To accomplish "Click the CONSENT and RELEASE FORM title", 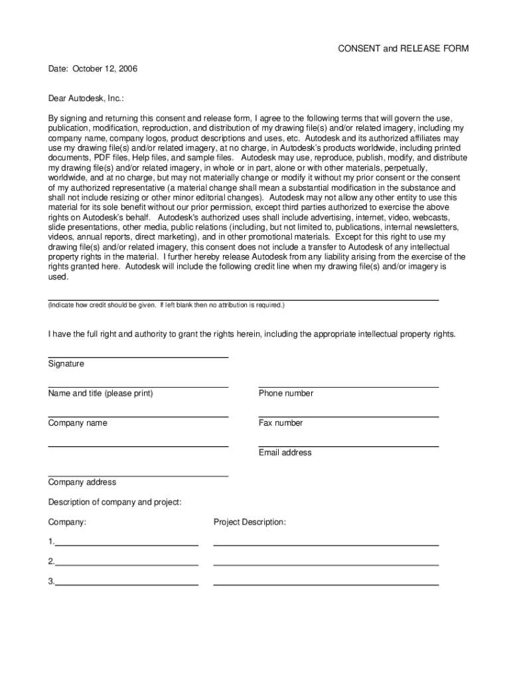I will pyautogui.click(x=403, y=49).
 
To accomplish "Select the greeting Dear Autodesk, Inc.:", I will pyautogui.click(x=86, y=98).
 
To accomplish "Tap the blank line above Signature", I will pyautogui.click(x=138, y=358).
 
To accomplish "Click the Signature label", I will pyautogui.click(x=66, y=364).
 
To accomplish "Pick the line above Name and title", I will pyautogui.click(x=138, y=387).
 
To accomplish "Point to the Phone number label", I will pyautogui.click(x=286, y=393).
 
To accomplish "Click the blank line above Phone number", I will pyautogui.click(x=348, y=387).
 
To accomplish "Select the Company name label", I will pyautogui.click(x=78, y=423).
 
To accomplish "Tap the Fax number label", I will pyautogui.click(x=281, y=423).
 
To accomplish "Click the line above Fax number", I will pyautogui.click(x=348, y=417).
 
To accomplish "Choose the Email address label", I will pyautogui.click(x=285, y=453).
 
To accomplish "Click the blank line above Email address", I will pyautogui.click(x=348, y=447).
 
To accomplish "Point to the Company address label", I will pyautogui.click(x=82, y=482).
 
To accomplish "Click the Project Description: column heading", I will pyautogui.click(x=250, y=523).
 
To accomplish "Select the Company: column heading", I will pyautogui.click(x=67, y=523).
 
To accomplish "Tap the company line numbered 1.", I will pyautogui.click(x=127, y=545).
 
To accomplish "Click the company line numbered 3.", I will pyautogui.click(x=127, y=584).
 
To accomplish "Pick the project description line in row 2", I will pyautogui.click(x=326, y=565).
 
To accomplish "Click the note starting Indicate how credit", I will pyautogui.click(x=166, y=305).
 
